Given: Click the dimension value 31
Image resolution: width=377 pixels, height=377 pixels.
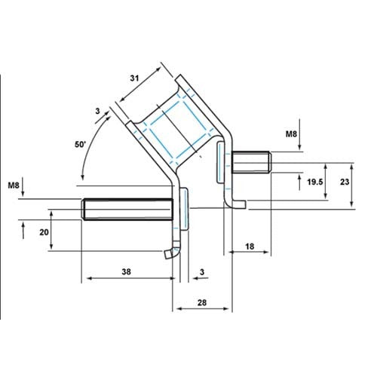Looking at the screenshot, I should point(134,77).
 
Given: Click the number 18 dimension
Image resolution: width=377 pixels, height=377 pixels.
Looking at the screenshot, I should point(248,247).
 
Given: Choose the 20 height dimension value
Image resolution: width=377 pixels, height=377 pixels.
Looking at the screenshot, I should point(44,233).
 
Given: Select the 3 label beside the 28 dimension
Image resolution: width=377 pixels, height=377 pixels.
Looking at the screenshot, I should point(202,270).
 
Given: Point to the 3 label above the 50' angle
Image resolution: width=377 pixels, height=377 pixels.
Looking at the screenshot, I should point(97,111).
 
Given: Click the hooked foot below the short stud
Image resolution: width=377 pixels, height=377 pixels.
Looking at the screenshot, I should point(239,201).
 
